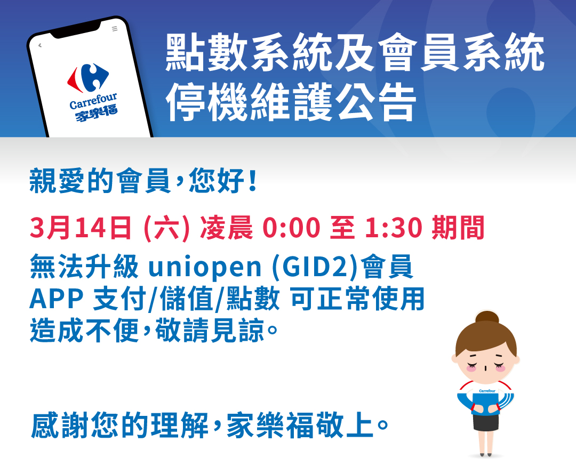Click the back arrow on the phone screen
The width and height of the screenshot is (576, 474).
39,46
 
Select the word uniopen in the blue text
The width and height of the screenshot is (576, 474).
205,268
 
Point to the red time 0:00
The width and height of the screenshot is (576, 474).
292,229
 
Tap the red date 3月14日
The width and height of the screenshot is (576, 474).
81,229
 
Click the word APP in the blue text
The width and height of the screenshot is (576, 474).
56,300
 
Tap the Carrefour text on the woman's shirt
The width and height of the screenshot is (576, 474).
487,391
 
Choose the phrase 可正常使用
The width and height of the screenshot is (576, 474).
357,300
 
